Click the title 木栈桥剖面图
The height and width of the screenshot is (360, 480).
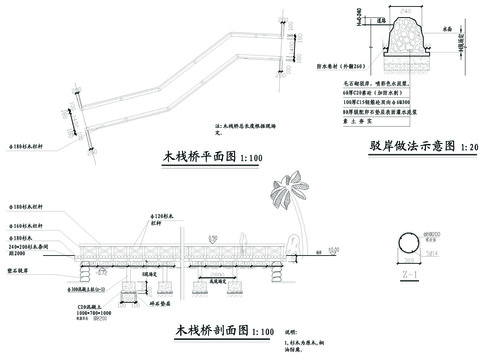click(195, 330)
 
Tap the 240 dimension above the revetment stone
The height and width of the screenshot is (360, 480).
click(405, 10)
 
